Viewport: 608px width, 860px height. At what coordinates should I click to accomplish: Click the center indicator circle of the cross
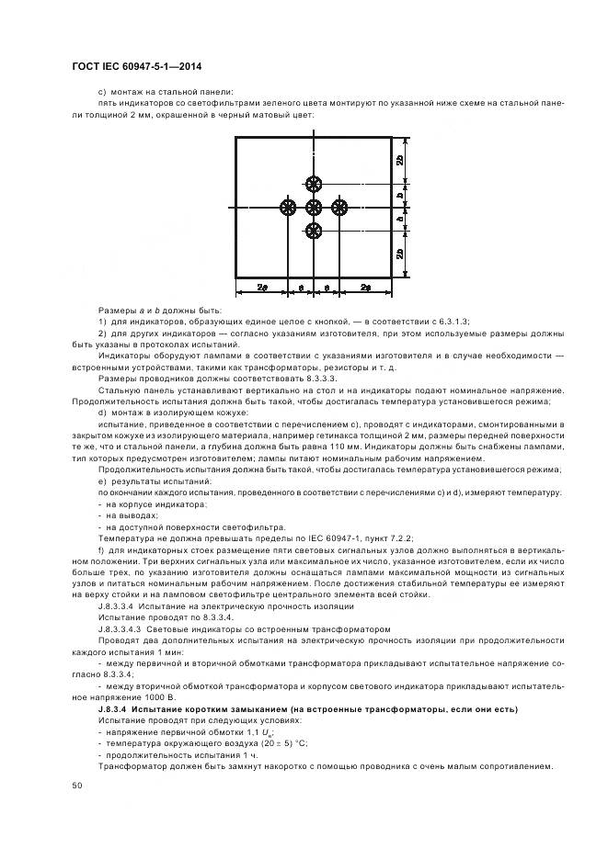tap(314, 207)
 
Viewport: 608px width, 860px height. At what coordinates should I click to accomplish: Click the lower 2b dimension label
tap(398, 255)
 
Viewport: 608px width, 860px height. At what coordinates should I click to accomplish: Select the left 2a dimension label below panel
tap(262, 288)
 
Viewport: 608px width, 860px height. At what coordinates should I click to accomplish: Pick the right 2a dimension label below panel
tap(366, 288)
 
